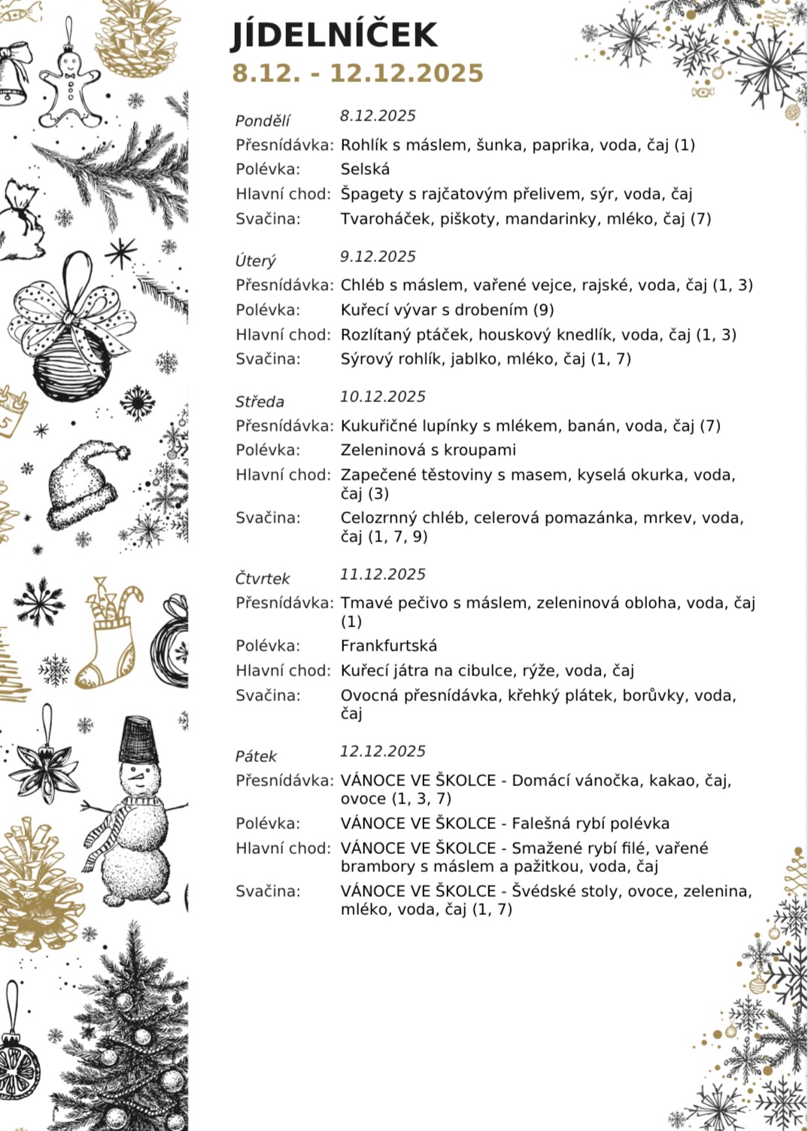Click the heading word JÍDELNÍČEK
point(334,35)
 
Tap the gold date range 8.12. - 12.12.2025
point(357,73)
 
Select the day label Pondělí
point(263,120)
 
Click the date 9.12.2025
point(378,257)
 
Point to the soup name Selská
point(365,169)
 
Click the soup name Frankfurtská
point(388,646)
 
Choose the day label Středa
point(260,401)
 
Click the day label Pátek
point(256,756)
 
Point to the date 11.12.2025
point(382,575)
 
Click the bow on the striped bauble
point(75,309)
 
